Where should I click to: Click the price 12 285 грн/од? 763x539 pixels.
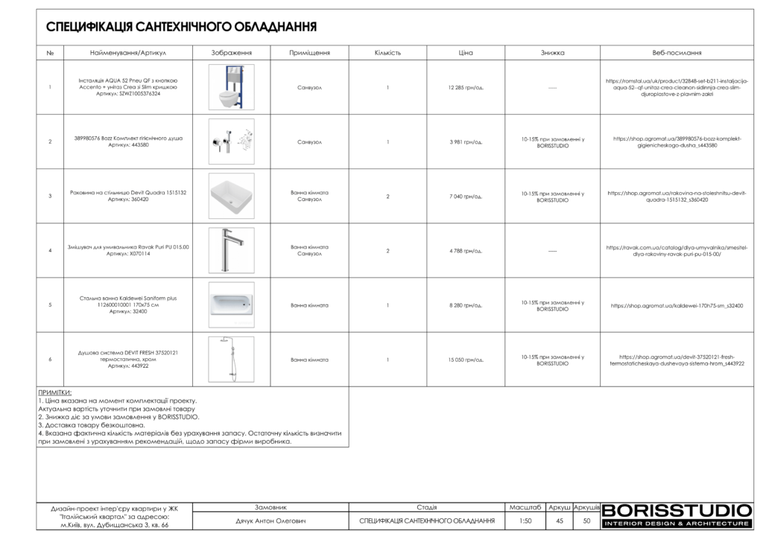click(466, 87)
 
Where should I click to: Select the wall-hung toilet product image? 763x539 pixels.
click(231, 87)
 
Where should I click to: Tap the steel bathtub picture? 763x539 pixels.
click(231, 304)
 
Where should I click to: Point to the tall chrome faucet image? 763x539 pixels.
click(231, 250)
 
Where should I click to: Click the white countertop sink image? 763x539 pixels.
click(231, 196)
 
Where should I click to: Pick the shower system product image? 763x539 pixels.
click(231, 359)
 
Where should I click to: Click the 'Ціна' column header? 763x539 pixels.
click(466, 53)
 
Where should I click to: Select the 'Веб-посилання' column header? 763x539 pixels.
click(677, 53)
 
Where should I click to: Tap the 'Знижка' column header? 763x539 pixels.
click(552, 53)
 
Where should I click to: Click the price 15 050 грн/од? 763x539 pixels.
click(466, 360)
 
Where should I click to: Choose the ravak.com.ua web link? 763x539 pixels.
click(677, 250)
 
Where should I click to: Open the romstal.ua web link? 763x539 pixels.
click(677, 87)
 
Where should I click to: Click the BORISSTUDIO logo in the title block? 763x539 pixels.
click(677, 514)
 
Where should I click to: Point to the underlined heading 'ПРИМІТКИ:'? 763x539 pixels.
click(55, 392)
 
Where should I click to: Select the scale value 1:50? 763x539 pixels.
click(525, 521)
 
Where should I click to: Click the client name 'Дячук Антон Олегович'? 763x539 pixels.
click(271, 521)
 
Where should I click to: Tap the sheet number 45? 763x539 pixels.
click(559, 521)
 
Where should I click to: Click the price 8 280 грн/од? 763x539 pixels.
click(466, 305)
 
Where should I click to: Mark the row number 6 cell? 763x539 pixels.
click(50, 360)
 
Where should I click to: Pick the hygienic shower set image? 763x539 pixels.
click(231, 141)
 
